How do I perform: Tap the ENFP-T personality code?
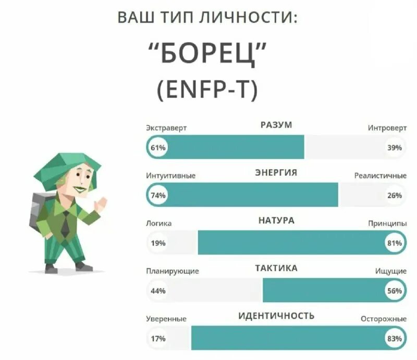coord(207,92)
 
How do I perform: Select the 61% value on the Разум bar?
coord(158,148)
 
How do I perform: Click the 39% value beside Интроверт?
coord(394,148)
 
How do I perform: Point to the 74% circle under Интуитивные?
coord(158,196)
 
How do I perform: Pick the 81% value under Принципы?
coord(394,243)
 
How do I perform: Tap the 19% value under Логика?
coord(158,243)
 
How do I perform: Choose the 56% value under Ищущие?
coord(394,291)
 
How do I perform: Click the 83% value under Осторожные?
coord(394,339)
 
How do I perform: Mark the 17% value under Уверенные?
coord(158,339)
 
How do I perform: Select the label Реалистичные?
coord(380,176)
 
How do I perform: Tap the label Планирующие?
coord(172,271)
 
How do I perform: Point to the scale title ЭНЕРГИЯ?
coord(276,173)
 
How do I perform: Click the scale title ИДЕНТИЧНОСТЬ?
coord(276,316)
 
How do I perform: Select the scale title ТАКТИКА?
coord(276,268)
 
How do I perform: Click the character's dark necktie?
coord(65,224)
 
